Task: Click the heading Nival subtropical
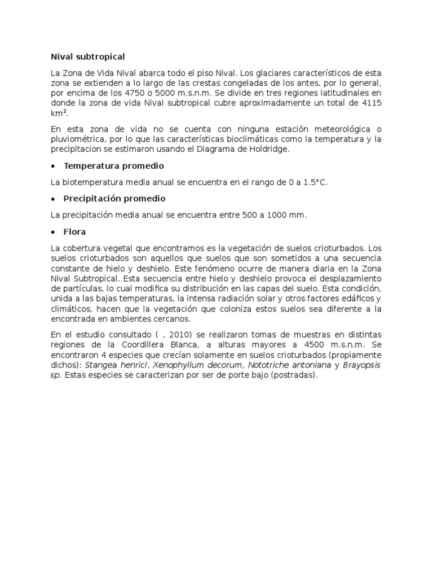(87, 57)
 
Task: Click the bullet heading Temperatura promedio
(114, 166)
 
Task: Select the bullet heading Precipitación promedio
(114, 199)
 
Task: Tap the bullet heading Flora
(75, 231)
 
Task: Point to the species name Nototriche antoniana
(267, 365)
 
